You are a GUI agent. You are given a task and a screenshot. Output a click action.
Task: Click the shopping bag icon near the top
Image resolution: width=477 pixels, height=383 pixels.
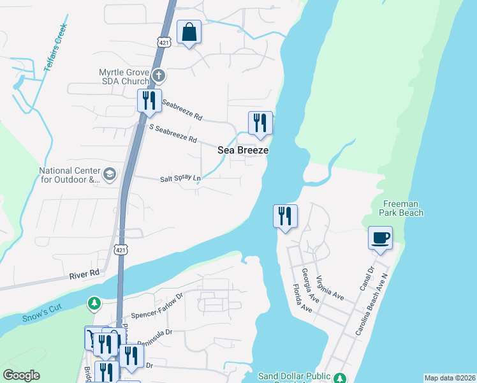pos(189,32)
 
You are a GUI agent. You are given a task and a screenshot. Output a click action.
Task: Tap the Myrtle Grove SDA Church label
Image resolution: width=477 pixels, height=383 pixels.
pos(124,77)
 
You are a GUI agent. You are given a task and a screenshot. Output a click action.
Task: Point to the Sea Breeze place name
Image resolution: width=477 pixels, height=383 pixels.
pos(243,150)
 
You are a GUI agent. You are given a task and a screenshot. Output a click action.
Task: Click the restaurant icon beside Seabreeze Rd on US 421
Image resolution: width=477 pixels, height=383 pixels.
pos(149,100)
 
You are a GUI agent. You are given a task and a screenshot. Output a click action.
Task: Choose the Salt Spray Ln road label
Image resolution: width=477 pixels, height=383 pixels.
pos(180,179)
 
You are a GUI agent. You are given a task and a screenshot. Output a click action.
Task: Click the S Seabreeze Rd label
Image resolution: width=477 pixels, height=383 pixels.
pos(172,133)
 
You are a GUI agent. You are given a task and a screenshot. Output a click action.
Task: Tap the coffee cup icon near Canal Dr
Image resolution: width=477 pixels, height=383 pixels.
pos(380,238)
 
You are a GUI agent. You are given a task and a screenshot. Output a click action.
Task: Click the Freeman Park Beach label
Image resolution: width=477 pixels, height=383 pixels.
pos(402,208)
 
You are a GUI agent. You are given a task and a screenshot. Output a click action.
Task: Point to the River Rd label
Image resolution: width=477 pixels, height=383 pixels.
pos(85,273)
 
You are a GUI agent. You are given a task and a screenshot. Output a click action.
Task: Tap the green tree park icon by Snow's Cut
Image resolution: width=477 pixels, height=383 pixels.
pos(94,303)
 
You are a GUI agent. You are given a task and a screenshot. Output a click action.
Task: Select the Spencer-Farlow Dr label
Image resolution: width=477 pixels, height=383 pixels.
pos(157,307)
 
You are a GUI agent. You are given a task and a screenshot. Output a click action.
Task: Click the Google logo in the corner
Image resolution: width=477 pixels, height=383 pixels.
pos(21,375)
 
